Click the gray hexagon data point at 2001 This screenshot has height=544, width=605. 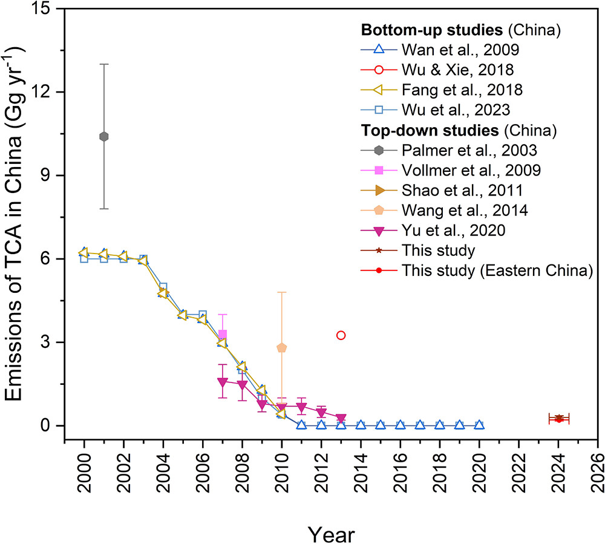tap(104, 137)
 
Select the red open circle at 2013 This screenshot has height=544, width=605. tap(341, 335)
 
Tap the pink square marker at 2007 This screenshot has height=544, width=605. tap(223, 334)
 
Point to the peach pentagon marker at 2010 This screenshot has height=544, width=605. tap(282, 347)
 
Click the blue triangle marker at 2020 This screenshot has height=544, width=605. tap(479, 425)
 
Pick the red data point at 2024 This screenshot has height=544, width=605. tap(559, 419)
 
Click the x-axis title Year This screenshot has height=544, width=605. tap(330, 518)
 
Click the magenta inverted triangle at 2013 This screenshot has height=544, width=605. tap(341, 419)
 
